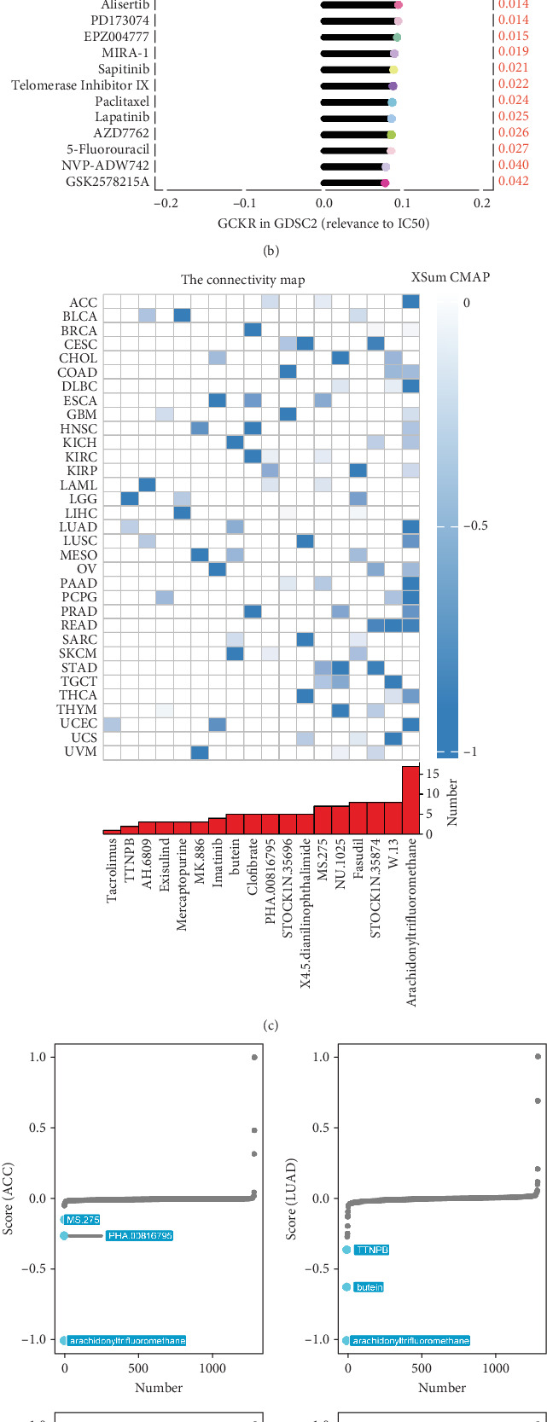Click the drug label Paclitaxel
click(122, 101)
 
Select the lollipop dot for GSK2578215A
click(385, 183)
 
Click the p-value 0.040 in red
click(514, 165)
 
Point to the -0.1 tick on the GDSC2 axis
click(245, 203)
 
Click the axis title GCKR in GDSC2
click(323, 223)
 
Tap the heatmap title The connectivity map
click(242, 280)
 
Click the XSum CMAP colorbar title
click(451, 277)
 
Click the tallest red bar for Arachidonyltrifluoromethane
click(410, 799)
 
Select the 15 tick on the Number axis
click(434, 774)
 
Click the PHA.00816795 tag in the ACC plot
click(140, 1235)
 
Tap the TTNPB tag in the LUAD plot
click(371, 1250)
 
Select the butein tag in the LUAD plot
click(369, 1287)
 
